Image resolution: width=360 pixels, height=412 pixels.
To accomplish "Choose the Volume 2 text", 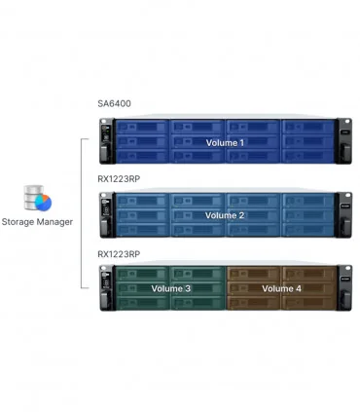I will [x=225, y=215].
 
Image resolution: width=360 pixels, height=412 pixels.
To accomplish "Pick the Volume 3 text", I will [x=171, y=289].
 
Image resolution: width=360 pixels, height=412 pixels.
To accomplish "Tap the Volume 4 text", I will [x=281, y=289].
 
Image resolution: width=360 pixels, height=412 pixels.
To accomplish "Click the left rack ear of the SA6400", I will [x=106, y=140].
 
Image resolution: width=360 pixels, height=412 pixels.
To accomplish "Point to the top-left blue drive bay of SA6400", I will [x=141, y=127].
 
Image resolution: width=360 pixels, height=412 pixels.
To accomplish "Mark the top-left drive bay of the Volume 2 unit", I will [x=141, y=201].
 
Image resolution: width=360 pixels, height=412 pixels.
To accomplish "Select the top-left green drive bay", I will [x=141, y=275].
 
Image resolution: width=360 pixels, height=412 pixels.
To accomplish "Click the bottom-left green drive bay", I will [x=141, y=303].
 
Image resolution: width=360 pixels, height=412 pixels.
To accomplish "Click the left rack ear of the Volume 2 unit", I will [x=106, y=214].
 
